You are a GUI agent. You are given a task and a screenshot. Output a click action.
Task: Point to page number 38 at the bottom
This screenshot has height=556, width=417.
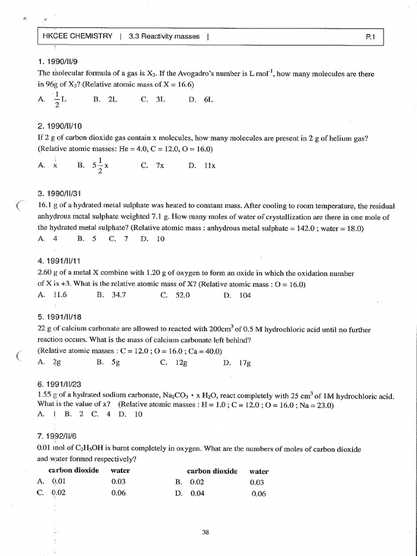(x=205, y=533)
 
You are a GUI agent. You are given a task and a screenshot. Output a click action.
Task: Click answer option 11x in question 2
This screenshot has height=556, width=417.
(x=210, y=166)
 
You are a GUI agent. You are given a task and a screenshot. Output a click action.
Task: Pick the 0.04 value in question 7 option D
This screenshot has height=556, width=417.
(x=197, y=494)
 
